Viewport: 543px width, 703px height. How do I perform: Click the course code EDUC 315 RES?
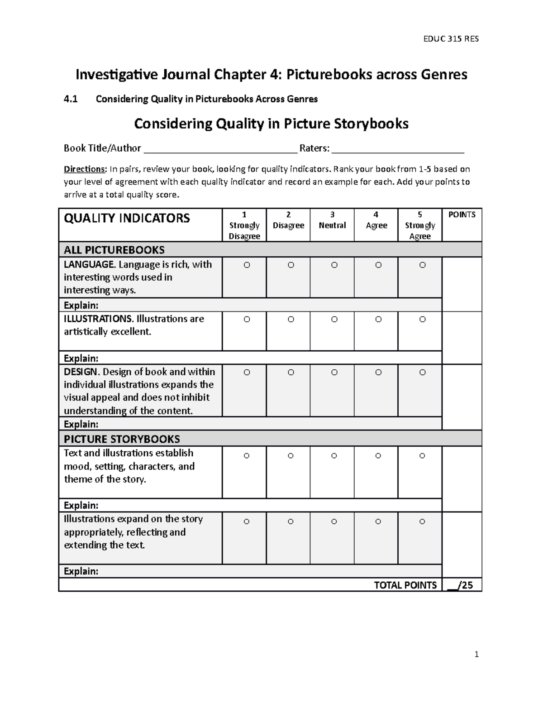[451, 39]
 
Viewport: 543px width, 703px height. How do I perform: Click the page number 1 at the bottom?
[476, 654]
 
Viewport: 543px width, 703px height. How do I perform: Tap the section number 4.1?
[71, 99]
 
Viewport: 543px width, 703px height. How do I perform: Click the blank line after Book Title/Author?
[220, 149]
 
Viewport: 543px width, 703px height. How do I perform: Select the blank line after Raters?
[398, 149]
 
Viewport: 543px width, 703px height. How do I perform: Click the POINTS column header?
[462, 215]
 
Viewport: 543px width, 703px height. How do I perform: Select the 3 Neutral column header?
[332, 220]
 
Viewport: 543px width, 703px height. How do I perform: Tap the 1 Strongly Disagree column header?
[244, 225]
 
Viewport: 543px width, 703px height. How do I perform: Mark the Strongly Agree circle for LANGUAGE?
[422, 265]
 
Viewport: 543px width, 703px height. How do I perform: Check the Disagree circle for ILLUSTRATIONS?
[291, 320]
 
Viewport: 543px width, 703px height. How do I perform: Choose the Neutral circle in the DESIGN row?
[334, 373]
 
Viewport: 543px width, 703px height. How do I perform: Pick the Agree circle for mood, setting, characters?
[378, 456]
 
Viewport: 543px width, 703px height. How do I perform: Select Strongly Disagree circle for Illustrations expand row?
[246, 522]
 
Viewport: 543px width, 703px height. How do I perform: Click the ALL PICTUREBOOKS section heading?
[114, 250]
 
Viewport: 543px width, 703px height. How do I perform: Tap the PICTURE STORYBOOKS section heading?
[122, 439]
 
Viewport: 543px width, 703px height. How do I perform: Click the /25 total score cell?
[462, 585]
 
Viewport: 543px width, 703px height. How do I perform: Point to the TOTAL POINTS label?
[405, 585]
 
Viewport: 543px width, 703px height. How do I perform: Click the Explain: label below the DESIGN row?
[81, 424]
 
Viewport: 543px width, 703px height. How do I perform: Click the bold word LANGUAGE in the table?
[89, 264]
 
